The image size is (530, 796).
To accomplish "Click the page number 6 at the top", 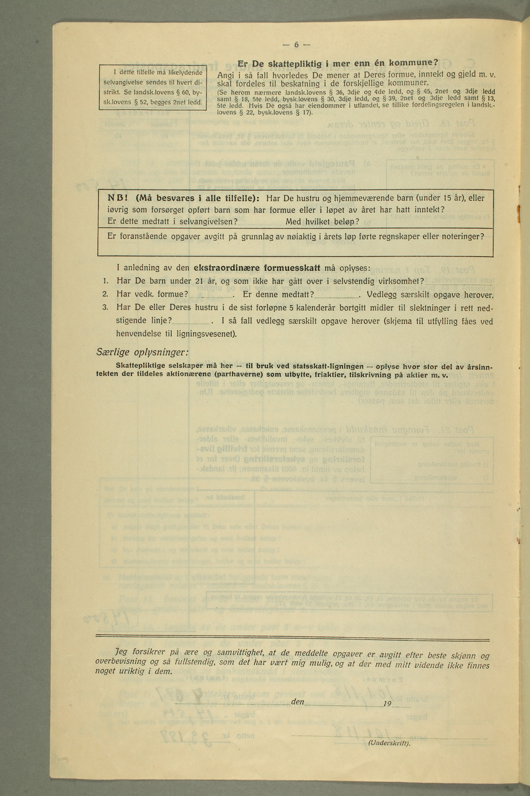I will click(x=297, y=45).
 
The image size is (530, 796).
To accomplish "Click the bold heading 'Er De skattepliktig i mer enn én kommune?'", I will click(x=338, y=63).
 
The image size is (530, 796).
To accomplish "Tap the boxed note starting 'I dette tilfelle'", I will click(x=153, y=87).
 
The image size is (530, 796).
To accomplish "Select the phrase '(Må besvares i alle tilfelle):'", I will click(x=197, y=198).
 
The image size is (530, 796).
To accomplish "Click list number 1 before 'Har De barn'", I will click(x=105, y=280).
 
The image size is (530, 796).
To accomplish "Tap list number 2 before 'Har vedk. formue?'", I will click(x=105, y=294).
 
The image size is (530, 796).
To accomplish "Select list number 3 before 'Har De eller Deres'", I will click(x=105, y=307).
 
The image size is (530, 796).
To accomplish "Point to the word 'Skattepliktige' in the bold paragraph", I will click(x=139, y=366).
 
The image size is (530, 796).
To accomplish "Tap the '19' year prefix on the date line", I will click(x=387, y=703).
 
